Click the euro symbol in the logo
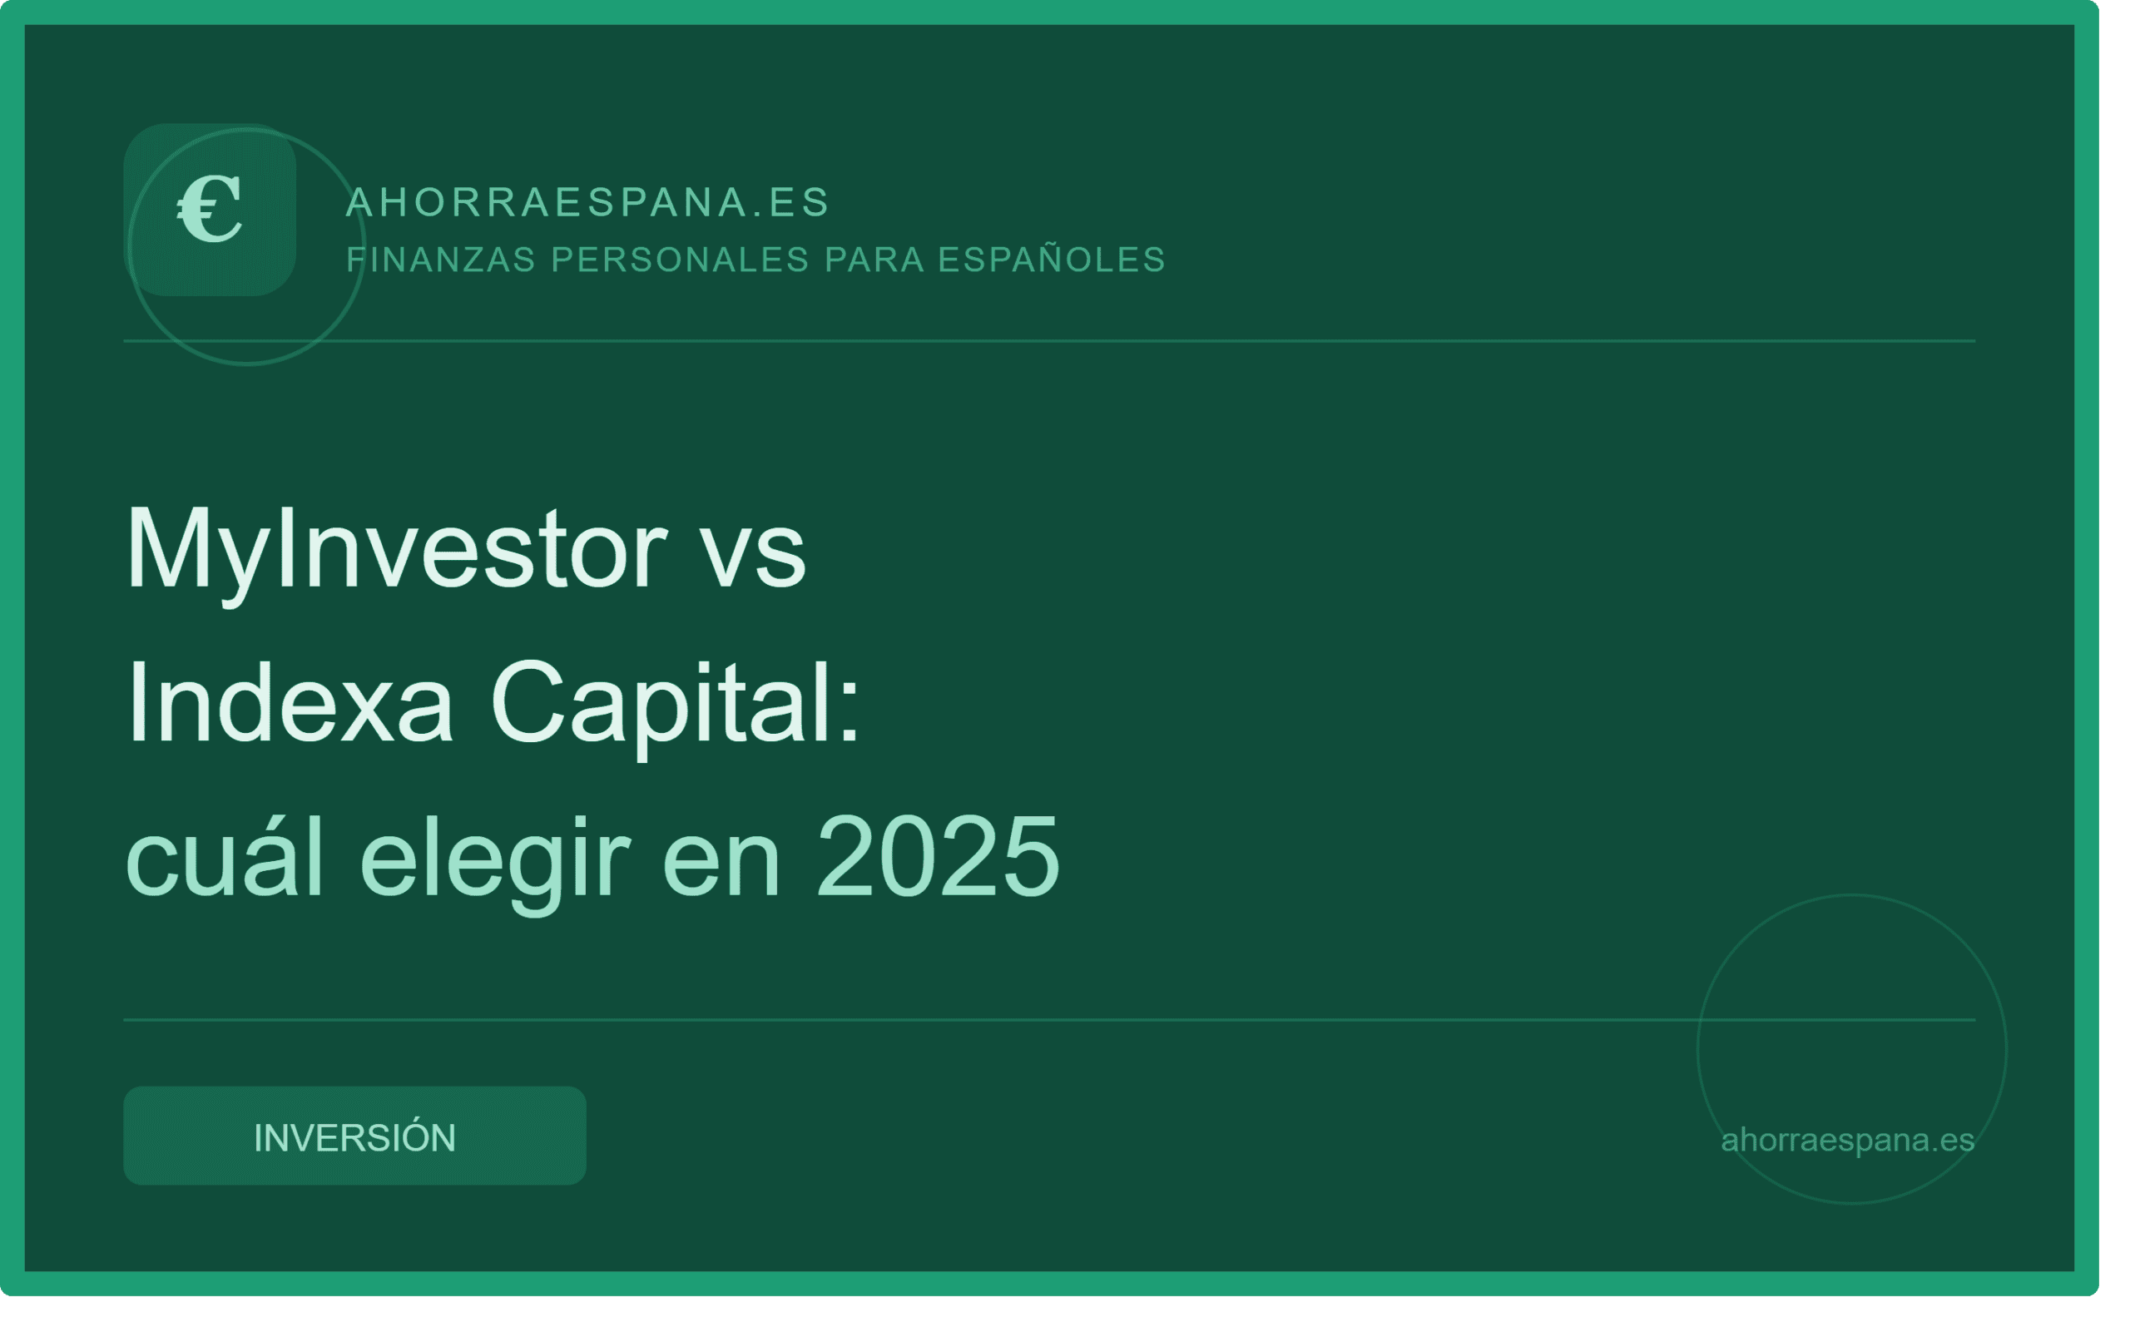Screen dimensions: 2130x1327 point(210,209)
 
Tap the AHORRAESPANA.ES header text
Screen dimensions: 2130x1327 point(588,203)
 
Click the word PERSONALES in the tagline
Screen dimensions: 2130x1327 point(680,260)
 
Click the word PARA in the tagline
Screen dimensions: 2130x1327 point(874,260)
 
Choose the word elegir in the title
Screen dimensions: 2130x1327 point(495,864)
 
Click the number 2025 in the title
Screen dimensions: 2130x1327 point(939,856)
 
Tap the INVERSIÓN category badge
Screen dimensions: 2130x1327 point(354,1136)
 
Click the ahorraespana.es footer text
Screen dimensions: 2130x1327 point(1847,1140)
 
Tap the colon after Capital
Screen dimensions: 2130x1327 point(849,714)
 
